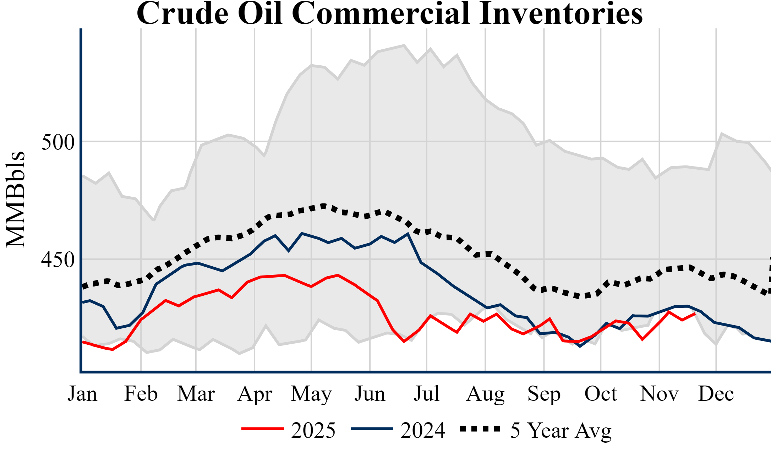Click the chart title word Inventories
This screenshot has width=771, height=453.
[561, 13]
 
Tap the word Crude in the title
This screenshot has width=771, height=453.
[182, 13]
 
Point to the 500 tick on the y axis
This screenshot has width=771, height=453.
[58, 142]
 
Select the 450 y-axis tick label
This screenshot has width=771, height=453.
[58, 260]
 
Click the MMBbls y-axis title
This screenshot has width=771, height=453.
[16, 199]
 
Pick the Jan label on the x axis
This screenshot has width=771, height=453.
[82, 394]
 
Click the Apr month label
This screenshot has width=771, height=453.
[255, 394]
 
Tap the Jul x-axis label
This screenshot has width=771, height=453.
[426, 394]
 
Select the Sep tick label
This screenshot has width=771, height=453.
[544, 394]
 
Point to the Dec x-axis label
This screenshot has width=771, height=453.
[716, 394]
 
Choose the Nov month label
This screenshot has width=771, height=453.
[659, 394]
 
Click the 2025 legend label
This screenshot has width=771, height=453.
[313, 430]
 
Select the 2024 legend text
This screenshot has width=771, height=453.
[423, 430]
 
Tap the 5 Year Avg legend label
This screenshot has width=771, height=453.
[561, 430]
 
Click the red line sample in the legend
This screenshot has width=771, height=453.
[263, 429]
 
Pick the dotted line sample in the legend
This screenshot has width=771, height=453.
[480, 429]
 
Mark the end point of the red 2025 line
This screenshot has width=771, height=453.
[694, 313]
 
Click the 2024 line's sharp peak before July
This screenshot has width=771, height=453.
[408, 234]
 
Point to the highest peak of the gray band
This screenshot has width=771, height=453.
[404, 45]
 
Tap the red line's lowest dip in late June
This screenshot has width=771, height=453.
[404, 342]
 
